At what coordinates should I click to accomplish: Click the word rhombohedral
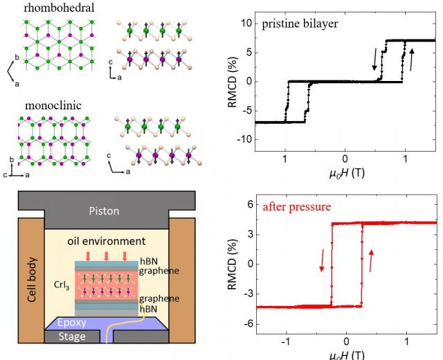tap(59, 8)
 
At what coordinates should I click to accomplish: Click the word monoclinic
tap(53, 105)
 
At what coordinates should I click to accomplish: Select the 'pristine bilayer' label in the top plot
tap(300, 24)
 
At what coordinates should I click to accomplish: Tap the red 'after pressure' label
tap(297, 207)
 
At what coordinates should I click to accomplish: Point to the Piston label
tap(104, 211)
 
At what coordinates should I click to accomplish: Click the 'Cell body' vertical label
tap(32, 280)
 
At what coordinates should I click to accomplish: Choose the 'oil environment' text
tap(107, 241)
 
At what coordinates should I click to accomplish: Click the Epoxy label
tap(72, 323)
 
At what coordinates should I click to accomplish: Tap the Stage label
tap(72, 336)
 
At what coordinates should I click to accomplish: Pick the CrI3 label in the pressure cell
tap(62, 285)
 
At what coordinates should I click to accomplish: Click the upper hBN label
tap(149, 261)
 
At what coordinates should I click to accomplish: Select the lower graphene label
tap(159, 299)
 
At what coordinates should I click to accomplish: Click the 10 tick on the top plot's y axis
tap(246, 23)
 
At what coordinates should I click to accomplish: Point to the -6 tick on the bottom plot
tap(247, 324)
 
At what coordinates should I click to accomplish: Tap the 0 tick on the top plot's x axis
tap(345, 159)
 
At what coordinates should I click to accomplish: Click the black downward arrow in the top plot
tap(375, 59)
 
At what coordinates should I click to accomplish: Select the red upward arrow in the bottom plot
tap(371, 261)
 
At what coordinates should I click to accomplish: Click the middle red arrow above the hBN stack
tap(107, 256)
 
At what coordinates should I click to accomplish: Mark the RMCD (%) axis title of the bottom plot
tap(232, 264)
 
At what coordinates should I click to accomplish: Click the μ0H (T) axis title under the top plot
tap(347, 172)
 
